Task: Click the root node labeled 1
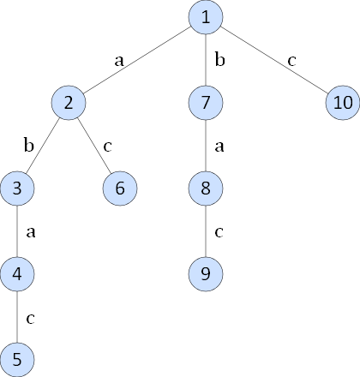(x=206, y=17)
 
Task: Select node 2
(x=69, y=103)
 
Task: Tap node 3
(x=17, y=188)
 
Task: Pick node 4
(x=17, y=274)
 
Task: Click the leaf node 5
(x=17, y=360)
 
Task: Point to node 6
(x=120, y=188)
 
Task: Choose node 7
(x=206, y=103)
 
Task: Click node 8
(x=206, y=188)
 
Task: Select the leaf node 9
(x=206, y=274)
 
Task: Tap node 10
(x=343, y=103)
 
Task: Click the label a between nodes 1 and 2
(x=119, y=61)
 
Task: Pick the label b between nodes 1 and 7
(x=219, y=60)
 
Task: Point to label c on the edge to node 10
(x=291, y=61)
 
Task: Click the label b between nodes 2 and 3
(x=29, y=145)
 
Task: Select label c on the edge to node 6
(x=107, y=147)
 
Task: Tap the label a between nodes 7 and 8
(x=219, y=147)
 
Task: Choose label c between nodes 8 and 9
(x=219, y=232)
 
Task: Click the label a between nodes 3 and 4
(x=31, y=232)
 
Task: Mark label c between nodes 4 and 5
(x=30, y=319)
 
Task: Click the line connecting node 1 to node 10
(x=274, y=60)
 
